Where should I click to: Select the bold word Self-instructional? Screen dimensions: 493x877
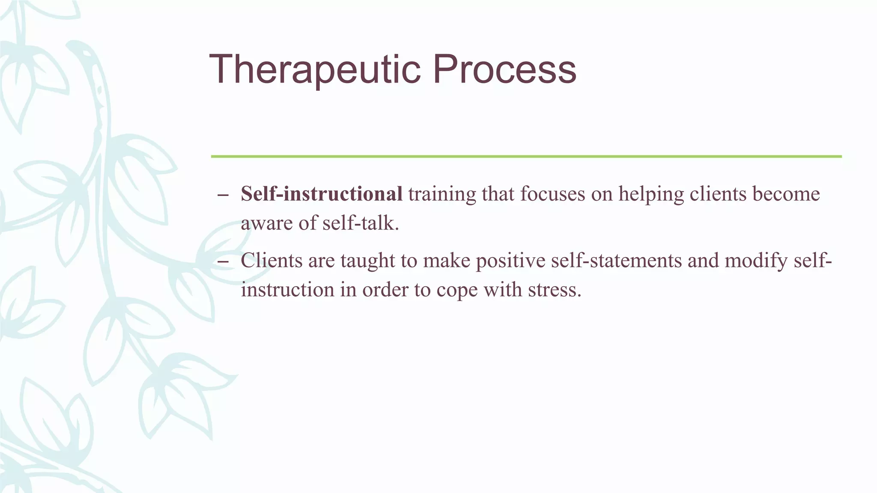tap(321, 194)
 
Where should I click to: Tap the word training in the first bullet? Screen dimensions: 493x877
tap(441, 195)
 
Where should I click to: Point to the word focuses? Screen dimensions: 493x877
tap(552, 194)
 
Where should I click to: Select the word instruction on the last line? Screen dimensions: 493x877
tap(287, 290)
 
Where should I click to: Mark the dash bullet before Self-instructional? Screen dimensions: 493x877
tap(223, 195)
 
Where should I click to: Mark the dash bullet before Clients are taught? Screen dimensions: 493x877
tap(223, 261)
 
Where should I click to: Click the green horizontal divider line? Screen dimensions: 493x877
tap(526, 157)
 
